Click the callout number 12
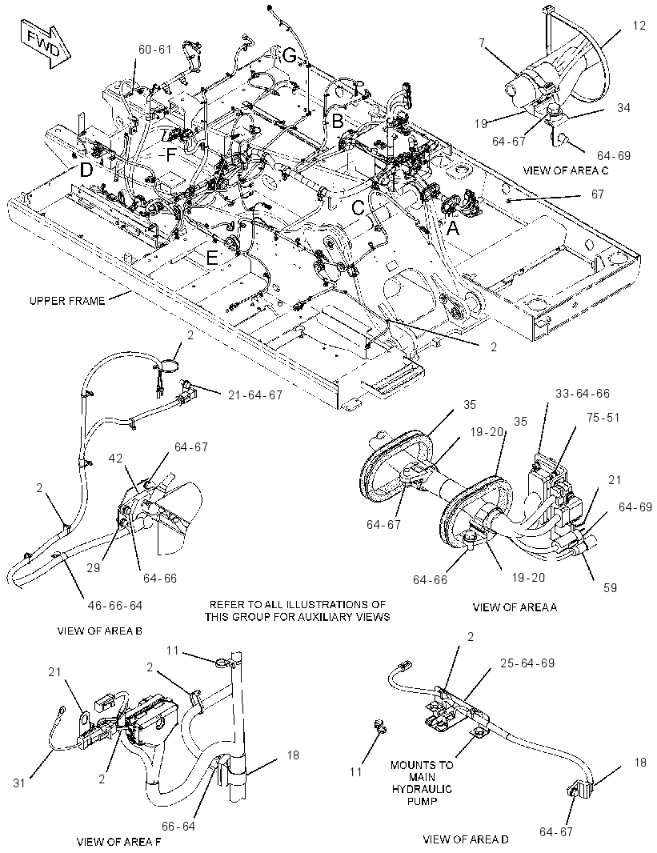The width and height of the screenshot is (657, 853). tap(639, 25)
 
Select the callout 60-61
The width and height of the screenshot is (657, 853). tap(155, 50)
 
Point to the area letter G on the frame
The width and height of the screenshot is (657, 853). tap(290, 54)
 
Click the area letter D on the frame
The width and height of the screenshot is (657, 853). tap(86, 170)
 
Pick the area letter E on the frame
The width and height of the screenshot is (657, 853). tap(212, 258)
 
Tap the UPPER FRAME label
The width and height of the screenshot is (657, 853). tap(67, 300)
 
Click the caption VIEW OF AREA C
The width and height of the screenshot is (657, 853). tap(566, 170)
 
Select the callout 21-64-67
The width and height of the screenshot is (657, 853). tap(255, 394)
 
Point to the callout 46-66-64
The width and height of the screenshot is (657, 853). tap(114, 605)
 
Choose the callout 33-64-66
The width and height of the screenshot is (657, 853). tap(583, 393)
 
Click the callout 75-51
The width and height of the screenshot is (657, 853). tap(603, 417)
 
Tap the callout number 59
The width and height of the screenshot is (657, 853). tap(611, 587)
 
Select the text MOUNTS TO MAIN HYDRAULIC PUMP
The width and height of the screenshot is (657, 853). tap(422, 783)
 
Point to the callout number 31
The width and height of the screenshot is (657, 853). tap(19, 783)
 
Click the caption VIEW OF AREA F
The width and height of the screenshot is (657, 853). tap(119, 842)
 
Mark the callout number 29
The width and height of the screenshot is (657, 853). tap(94, 567)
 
